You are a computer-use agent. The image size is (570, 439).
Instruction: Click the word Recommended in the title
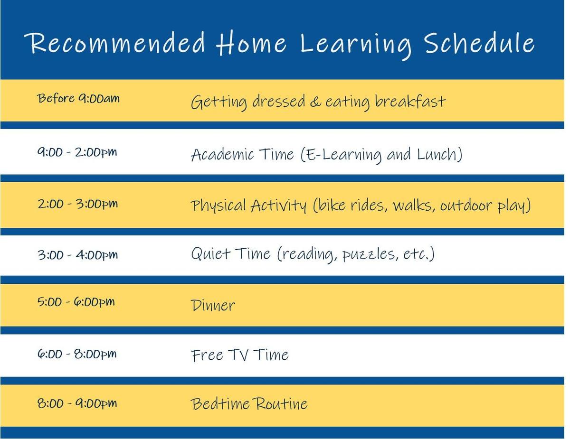point(114,43)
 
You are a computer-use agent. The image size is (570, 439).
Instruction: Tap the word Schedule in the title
point(479,43)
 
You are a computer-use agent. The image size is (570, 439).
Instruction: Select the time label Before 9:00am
point(78,99)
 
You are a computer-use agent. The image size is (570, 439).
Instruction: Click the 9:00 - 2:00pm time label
point(77,152)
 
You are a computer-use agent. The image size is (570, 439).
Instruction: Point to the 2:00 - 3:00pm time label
point(77,204)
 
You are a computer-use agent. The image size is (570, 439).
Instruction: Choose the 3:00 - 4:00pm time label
point(77,255)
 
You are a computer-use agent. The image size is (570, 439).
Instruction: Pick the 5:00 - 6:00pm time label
point(76,302)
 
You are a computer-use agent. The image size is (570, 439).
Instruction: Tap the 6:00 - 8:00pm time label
point(77,354)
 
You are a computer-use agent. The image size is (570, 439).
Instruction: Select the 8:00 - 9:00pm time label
point(77,403)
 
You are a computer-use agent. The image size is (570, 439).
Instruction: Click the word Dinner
point(213,305)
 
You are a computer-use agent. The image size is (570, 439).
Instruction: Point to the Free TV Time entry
point(240,355)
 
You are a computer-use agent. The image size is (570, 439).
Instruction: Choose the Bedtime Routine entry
point(249,403)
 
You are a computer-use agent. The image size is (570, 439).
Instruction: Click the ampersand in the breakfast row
point(315,102)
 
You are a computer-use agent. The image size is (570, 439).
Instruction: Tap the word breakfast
point(410,101)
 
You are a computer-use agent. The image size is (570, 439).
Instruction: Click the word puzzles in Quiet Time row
point(368,254)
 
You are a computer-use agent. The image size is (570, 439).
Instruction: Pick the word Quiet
point(210,254)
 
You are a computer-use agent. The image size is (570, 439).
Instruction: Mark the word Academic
point(222,154)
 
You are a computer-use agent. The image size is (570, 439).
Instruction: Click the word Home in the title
point(251,43)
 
